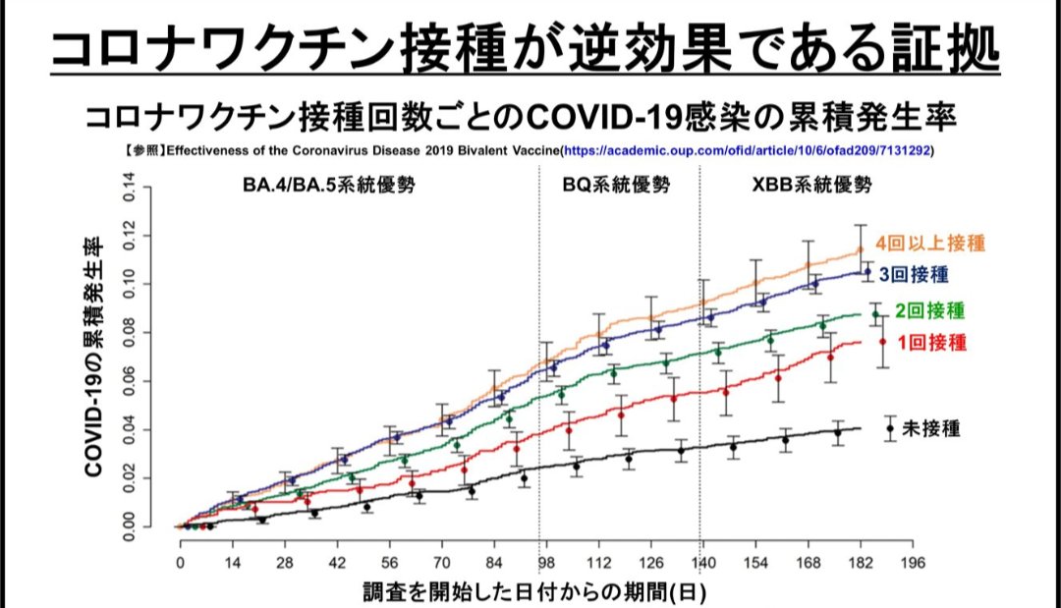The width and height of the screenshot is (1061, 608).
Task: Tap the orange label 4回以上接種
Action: coord(931,242)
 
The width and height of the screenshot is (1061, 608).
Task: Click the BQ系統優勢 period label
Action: coord(616,185)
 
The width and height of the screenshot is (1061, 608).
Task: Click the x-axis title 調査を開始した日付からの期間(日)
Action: coord(533,592)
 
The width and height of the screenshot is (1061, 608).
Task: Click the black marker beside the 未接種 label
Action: coord(890,428)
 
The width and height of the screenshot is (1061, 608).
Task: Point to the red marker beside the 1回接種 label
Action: coord(883,342)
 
